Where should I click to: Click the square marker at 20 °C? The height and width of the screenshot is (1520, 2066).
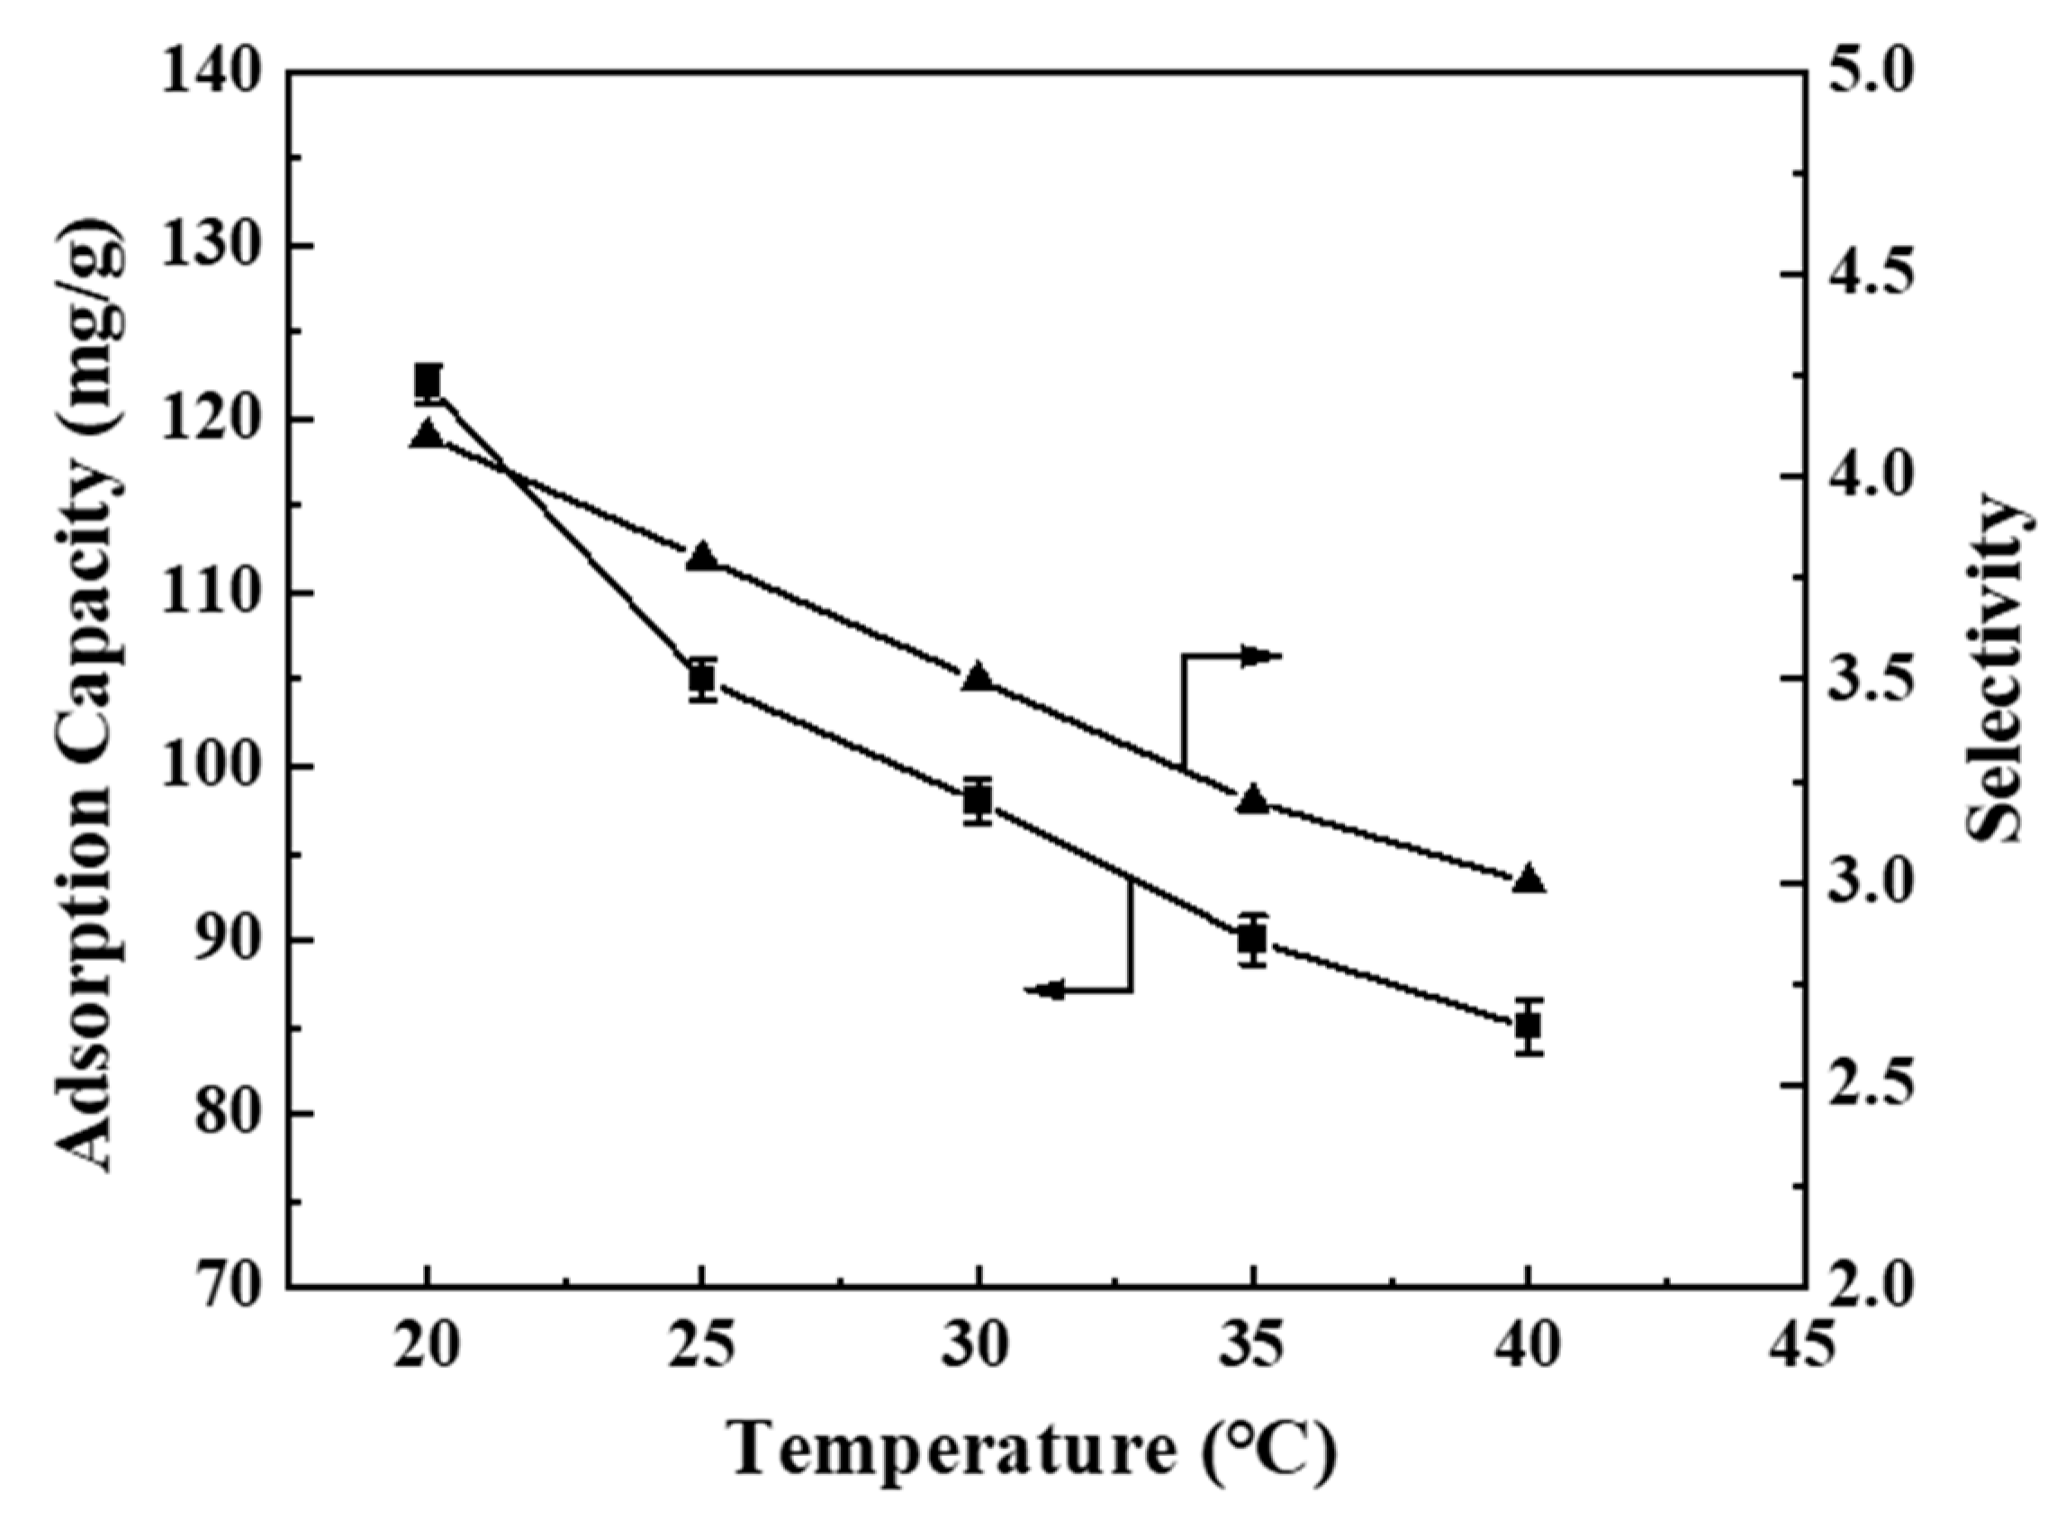(427, 380)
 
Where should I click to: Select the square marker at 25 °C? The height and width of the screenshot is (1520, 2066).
(703, 679)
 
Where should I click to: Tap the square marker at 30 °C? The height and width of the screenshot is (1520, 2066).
(978, 801)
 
